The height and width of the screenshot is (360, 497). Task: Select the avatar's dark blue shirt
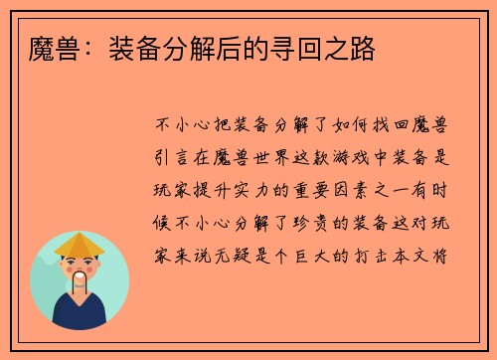[x=80, y=316]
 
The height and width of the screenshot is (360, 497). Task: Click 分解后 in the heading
[x=235, y=47]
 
